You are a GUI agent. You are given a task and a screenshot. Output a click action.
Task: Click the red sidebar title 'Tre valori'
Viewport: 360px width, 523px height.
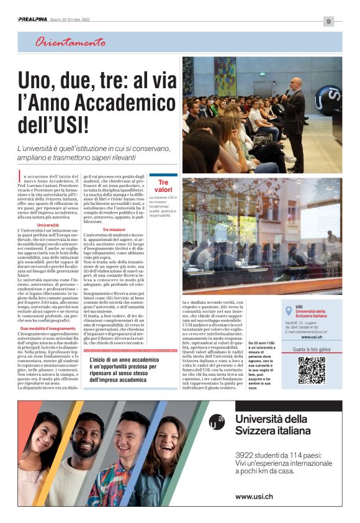click(163, 186)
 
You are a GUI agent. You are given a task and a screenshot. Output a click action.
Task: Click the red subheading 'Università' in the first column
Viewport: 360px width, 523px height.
click(48, 225)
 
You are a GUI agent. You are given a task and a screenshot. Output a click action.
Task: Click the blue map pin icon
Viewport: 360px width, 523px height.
click(289, 311)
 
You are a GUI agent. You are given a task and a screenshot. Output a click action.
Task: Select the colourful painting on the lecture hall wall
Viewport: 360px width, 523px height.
click(225, 76)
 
